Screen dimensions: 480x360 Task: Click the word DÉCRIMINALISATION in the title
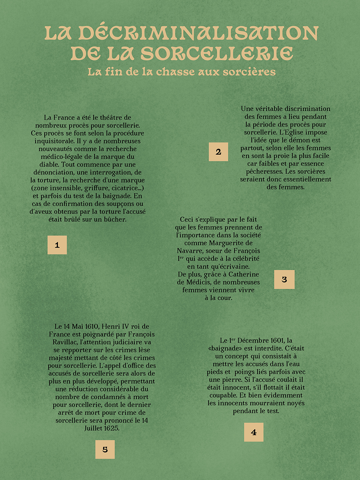(199, 33)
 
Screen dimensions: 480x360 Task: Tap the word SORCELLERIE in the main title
(217, 54)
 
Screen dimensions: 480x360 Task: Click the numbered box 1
(57, 245)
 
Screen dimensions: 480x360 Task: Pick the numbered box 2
(218, 152)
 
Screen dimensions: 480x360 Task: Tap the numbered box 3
(284, 279)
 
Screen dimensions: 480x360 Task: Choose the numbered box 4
(254, 432)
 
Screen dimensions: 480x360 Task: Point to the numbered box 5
(105, 449)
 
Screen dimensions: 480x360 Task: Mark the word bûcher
(116, 219)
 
